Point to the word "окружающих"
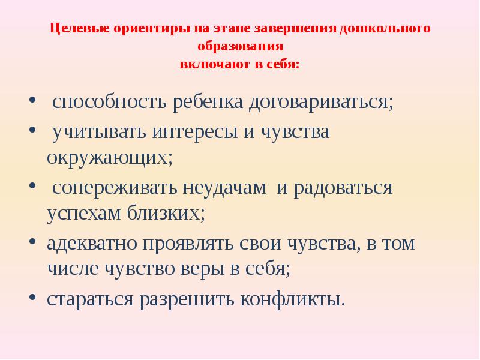point(109,157)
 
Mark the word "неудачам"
point(231,188)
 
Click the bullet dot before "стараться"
point(32,296)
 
